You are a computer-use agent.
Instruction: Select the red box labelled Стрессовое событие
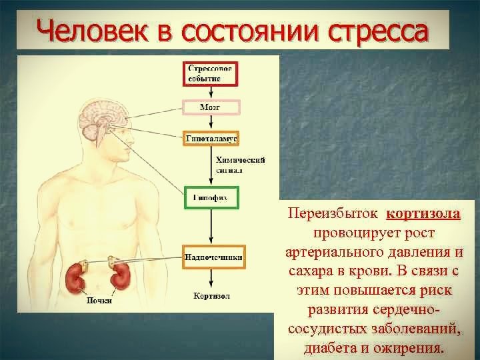[x=211, y=73]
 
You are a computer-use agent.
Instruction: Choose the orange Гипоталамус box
[x=211, y=138]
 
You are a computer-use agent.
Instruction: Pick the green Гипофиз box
[x=211, y=198]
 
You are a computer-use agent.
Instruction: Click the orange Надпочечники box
[x=213, y=257]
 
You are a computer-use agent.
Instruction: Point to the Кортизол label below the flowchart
[x=211, y=295]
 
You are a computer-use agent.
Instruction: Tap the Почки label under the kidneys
[x=99, y=300]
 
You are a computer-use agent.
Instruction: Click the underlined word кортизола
[x=423, y=215]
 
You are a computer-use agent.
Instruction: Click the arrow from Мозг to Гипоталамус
[x=211, y=123]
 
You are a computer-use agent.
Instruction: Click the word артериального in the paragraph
[x=358, y=253]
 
